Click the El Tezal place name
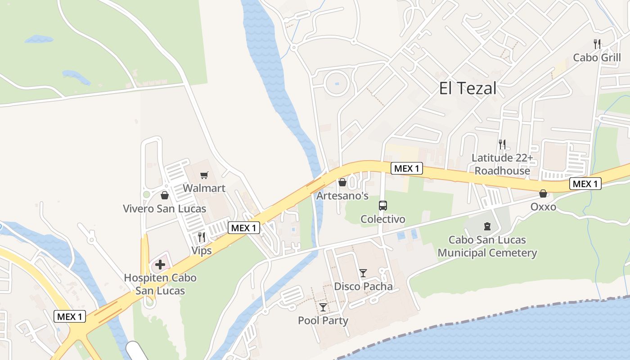coord(468,88)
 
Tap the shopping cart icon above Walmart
coord(204,175)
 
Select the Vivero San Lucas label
coord(165,209)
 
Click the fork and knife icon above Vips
coord(202,237)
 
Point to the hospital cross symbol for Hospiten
coord(160,264)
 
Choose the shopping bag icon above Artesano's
coord(342,182)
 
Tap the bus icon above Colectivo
coord(382,206)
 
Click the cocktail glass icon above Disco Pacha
coord(363,273)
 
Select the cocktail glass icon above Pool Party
coord(323,307)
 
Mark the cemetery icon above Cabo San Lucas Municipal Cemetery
coord(487,226)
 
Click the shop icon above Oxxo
coord(543,193)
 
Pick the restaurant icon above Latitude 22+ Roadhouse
coord(502,144)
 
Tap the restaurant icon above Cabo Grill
coord(597,44)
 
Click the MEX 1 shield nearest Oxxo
coord(585,184)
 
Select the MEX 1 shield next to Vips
coord(243,228)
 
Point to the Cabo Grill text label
coord(597,58)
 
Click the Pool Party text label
coord(323,320)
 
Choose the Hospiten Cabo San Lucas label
coord(160,284)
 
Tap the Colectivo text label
coord(383,219)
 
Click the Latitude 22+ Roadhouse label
coord(502,164)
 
